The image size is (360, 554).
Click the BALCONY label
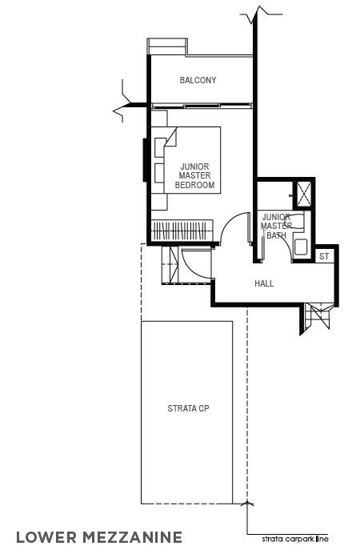[x=198, y=80]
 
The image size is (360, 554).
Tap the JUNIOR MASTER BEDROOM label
[x=195, y=175]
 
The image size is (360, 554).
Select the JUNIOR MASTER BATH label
[x=276, y=226]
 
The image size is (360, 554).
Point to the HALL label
[x=264, y=283]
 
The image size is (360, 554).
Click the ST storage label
[x=324, y=256]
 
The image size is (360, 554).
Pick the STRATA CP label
[x=188, y=408]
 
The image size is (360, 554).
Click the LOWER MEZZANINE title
[x=99, y=537]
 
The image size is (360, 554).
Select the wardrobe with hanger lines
[x=182, y=231]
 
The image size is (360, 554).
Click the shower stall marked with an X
[x=303, y=194]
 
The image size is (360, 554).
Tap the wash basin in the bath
[x=301, y=247]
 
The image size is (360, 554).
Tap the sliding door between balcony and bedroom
[x=202, y=106]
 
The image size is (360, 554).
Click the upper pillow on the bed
[x=160, y=147]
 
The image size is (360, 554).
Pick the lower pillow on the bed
[x=159, y=173]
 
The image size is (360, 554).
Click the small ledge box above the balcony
[x=166, y=46]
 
